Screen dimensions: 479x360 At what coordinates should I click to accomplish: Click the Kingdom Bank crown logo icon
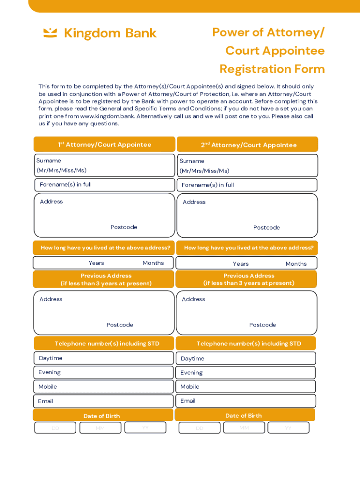point(50,33)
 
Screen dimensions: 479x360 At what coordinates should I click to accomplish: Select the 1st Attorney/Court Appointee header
point(104,145)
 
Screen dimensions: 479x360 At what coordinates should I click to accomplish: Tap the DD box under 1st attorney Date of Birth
point(55,428)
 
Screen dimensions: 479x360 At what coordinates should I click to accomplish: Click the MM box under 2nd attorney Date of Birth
point(244,428)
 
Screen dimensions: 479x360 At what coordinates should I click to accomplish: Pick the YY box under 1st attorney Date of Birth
point(145,428)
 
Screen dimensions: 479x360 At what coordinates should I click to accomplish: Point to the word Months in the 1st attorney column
point(153,263)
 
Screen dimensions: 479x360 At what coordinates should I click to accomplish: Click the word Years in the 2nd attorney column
point(241,264)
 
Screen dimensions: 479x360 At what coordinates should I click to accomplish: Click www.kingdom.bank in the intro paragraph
point(101,116)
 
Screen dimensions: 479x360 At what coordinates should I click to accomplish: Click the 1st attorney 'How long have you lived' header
point(104,248)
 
